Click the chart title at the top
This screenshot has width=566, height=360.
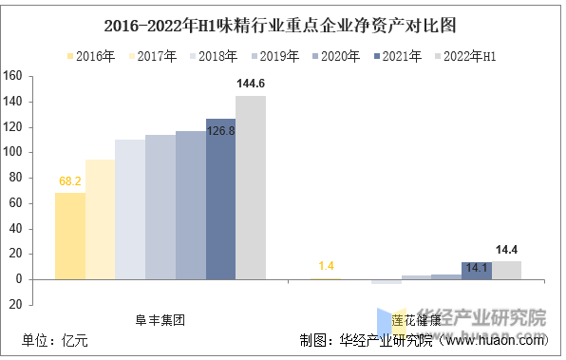[282, 24]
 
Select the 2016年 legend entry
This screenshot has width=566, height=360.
[91, 57]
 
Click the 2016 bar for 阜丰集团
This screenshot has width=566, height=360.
[70, 236]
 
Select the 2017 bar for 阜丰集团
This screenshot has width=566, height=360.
[100, 218]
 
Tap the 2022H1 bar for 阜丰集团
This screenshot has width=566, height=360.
[251, 187]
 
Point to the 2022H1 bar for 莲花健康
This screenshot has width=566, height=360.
[506, 270]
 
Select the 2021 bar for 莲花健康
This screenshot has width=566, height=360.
[476, 270]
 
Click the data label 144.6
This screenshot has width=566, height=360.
[251, 85]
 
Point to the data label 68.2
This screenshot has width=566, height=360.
[70, 180]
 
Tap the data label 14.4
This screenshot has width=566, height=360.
[506, 250]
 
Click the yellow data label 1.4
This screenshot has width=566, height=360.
[326, 265]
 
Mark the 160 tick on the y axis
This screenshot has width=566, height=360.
[13, 76]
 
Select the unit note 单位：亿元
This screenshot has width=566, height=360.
[55, 341]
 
